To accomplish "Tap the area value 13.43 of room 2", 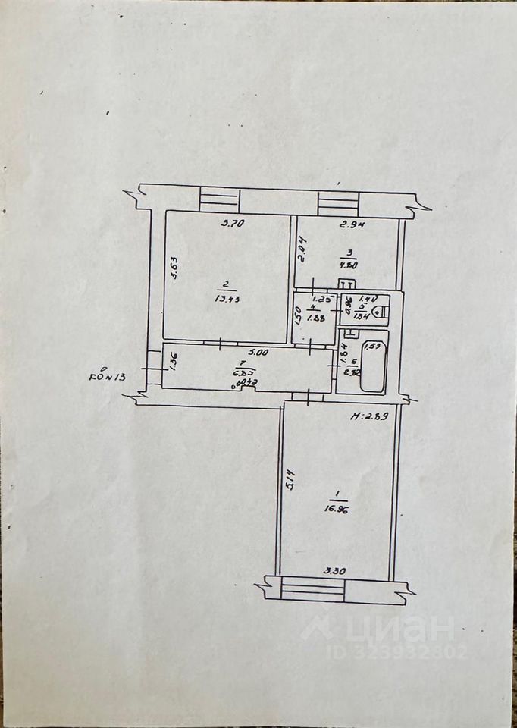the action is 223,299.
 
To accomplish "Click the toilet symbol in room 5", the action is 381,311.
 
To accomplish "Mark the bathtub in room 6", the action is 373,369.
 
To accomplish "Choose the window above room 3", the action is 337,202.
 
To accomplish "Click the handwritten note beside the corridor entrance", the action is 110,375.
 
